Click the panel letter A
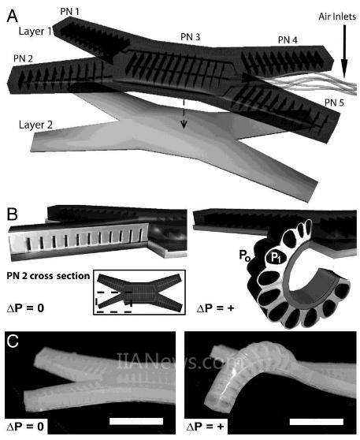pos(13,16)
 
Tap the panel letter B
pos(13,214)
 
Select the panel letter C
pos(13,341)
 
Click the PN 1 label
pos(70,12)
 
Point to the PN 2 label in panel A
pos(24,58)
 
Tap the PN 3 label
pos(191,37)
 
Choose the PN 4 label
pos(288,40)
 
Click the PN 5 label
pos(334,103)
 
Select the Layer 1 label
pos(35,32)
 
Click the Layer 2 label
pos(35,125)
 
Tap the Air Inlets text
pos(337,17)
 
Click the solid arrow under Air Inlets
pos(344,52)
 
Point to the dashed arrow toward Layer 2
pos(184,114)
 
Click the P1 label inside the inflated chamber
pos(276,258)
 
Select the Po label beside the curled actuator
pos(244,255)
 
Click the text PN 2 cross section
pos(48,276)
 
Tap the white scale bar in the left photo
pos(136,421)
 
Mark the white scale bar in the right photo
pos(316,422)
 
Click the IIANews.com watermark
pos(172,360)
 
